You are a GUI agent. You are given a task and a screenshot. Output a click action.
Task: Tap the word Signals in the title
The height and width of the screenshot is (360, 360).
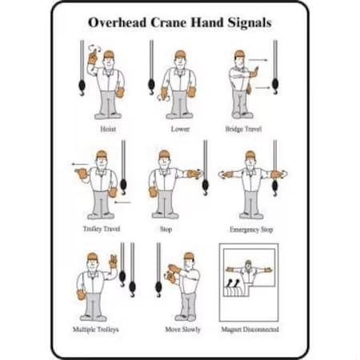pos(247,22)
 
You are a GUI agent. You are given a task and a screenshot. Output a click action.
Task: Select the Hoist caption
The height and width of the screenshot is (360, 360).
pos(107,128)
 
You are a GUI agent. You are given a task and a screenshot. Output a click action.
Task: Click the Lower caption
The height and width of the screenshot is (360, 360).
pos(180,128)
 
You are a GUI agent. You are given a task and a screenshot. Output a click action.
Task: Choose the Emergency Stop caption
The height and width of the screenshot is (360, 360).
pos(250,229)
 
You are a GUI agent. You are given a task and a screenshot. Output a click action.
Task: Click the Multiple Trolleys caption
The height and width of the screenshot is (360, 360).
pos(101,329)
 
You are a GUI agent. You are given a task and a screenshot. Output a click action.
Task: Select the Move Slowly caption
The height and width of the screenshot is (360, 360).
pos(183,329)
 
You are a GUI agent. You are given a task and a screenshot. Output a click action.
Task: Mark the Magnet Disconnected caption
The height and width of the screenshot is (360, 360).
pos(251,329)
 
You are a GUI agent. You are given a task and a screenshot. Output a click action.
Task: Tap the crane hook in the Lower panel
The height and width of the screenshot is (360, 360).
pos(152,83)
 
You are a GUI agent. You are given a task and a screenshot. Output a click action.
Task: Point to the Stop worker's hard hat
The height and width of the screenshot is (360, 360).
pos(165,154)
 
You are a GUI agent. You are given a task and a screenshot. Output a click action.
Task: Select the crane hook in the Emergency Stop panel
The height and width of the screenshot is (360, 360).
pos(275,186)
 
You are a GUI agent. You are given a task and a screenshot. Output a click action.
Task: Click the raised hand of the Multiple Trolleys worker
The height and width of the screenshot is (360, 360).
pos(113,260)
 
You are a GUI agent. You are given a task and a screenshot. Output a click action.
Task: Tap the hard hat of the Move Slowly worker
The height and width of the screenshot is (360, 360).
pos(189,256)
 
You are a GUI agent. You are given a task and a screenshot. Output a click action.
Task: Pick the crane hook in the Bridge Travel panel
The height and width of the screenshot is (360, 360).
pos(275,84)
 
